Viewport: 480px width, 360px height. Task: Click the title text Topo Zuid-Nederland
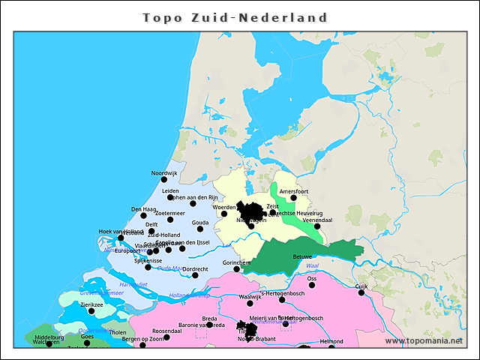(x=235, y=17)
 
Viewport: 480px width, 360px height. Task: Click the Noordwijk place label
(x=164, y=173)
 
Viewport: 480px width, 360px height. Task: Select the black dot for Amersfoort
(x=293, y=198)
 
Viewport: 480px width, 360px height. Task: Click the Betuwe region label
(x=301, y=256)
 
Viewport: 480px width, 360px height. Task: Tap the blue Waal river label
(x=313, y=265)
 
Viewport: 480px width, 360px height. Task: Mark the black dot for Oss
(x=312, y=285)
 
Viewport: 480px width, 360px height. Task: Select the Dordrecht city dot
(x=195, y=275)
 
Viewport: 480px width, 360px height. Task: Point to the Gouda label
(x=200, y=223)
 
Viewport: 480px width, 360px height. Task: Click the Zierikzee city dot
(x=91, y=312)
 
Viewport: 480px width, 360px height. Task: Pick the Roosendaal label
(x=166, y=331)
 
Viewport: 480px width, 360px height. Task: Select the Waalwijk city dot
(x=250, y=304)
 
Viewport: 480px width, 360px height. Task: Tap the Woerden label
(x=224, y=205)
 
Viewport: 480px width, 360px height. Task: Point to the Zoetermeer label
(x=169, y=213)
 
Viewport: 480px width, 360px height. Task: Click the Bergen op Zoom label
(x=142, y=339)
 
